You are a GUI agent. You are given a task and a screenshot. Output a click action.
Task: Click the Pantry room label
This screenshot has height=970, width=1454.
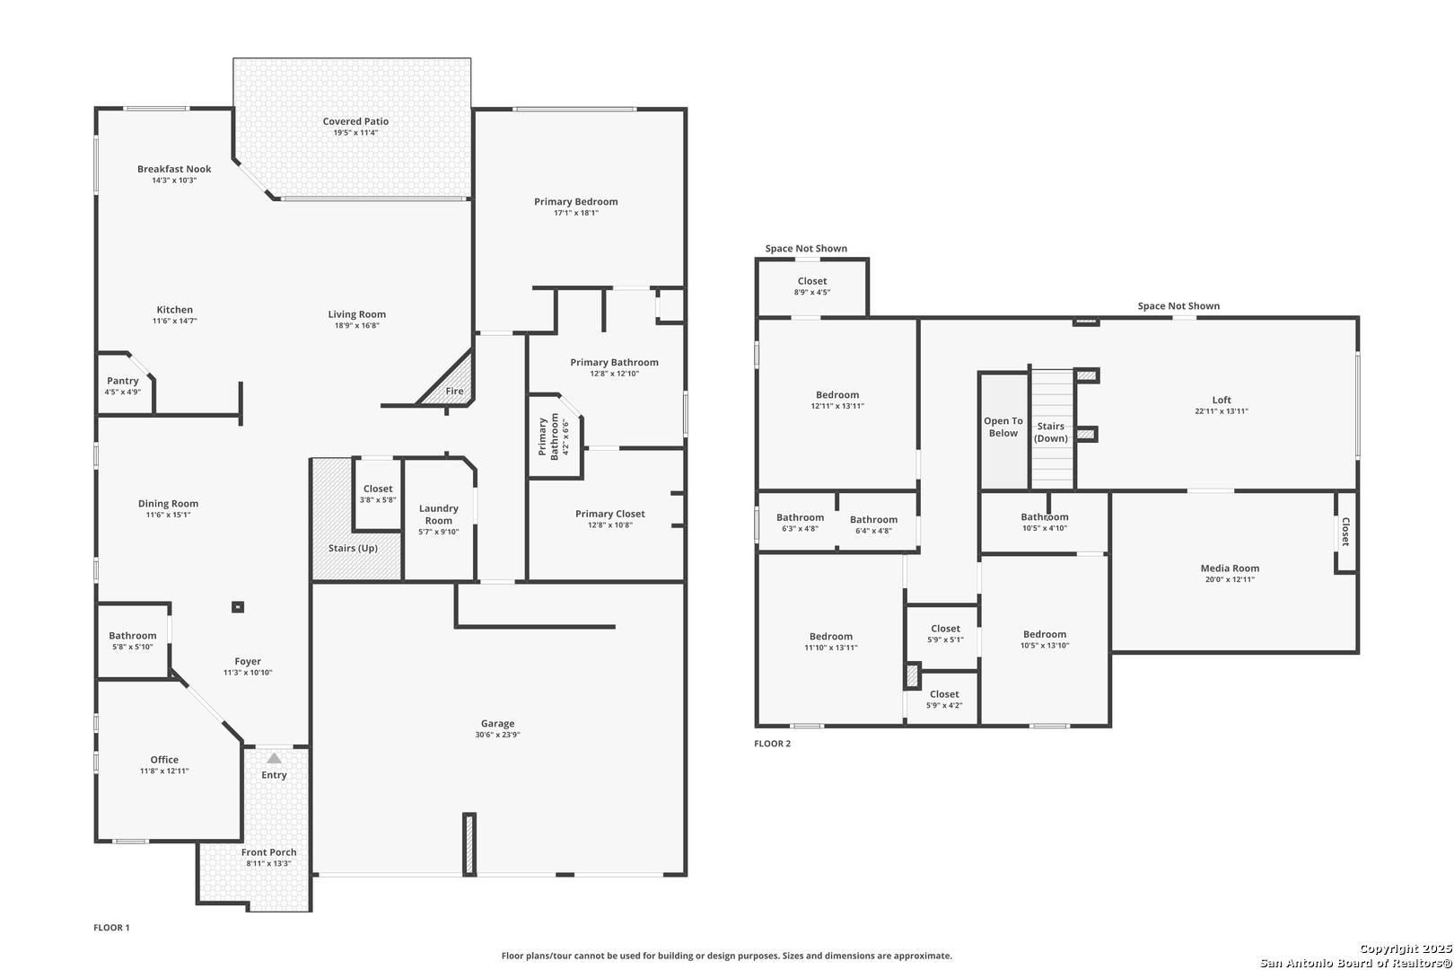[123, 381]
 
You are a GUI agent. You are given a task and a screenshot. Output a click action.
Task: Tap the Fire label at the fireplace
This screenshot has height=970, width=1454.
[454, 391]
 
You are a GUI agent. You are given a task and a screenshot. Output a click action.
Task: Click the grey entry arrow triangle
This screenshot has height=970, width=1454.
[274, 757]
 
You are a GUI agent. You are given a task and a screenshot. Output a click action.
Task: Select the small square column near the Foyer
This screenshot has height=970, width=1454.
[238, 607]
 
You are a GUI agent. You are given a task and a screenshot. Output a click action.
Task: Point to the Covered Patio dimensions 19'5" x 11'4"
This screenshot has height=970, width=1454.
[355, 133]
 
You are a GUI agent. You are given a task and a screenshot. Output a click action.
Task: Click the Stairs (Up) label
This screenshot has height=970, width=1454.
[353, 548]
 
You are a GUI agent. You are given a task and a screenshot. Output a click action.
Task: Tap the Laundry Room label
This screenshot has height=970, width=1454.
[439, 514]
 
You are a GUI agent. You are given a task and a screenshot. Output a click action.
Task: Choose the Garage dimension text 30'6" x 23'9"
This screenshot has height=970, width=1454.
[498, 735]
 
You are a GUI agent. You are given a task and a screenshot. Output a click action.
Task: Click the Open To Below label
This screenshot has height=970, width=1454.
[1003, 427]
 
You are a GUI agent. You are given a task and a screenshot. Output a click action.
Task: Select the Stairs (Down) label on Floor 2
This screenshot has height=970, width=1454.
[1051, 432]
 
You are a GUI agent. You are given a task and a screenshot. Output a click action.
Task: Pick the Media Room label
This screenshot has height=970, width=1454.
[1230, 568]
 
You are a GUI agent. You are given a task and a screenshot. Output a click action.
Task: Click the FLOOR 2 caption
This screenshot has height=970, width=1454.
[773, 744]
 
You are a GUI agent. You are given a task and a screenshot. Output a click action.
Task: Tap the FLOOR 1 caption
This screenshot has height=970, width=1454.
[111, 927]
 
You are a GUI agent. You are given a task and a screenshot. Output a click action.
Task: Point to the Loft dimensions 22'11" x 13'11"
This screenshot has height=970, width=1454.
[1222, 410]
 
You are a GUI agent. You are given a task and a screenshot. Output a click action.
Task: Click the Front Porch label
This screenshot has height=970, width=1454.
[268, 851]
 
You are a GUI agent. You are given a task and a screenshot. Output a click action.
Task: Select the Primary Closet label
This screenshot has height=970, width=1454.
[610, 513]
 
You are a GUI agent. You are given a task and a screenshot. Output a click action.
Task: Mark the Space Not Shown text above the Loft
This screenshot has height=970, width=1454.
[1178, 306]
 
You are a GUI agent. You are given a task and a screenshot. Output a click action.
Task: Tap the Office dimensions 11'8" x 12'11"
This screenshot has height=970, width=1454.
[164, 771]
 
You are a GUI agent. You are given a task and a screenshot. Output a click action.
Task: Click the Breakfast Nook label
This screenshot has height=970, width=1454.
[174, 169]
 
